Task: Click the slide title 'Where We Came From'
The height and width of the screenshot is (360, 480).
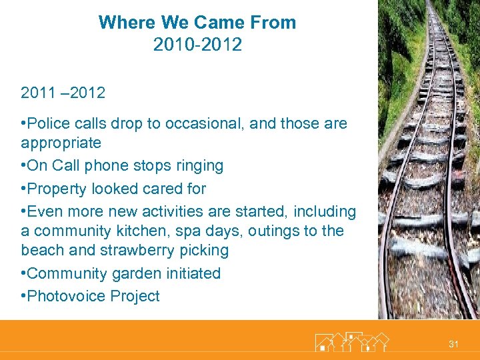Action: (x=197, y=22)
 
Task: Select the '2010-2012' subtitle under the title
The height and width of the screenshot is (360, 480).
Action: (x=197, y=45)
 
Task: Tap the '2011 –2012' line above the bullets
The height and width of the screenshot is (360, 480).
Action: (x=63, y=93)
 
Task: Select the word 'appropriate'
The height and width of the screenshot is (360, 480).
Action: (x=61, y=143)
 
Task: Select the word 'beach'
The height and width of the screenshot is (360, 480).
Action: (x=41, y=250)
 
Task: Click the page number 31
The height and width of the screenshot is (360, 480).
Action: (x=453, y=344)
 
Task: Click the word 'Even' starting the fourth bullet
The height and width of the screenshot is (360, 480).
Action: (x=45, y=211)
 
